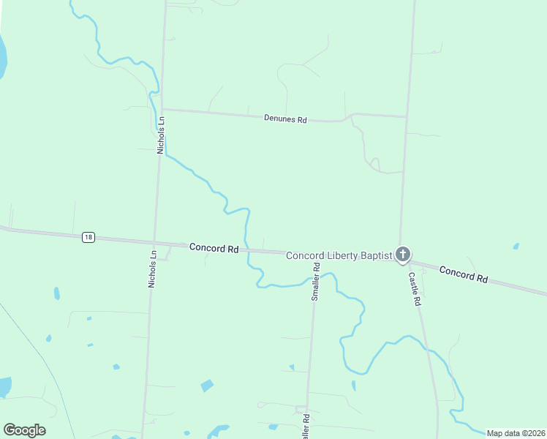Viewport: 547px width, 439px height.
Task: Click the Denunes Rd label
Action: click(285, 119)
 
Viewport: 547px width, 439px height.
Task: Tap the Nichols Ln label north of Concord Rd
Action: click(162, 135)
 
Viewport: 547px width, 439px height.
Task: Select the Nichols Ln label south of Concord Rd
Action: click(153, 269)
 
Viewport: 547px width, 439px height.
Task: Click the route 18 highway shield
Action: click(88, 237)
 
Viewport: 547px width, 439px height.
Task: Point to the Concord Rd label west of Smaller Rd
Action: click(214, 248)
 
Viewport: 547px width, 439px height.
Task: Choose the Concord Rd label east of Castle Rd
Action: click(464, 275)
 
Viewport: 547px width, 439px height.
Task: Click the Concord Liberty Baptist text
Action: click(338, 255)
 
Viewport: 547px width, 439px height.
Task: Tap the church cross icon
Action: click(402, 255)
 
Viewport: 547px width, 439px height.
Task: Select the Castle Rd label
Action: click(415, 289)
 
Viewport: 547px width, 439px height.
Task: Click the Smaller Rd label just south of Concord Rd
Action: click(316, 282)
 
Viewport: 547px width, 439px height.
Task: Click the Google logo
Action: click(24, 430)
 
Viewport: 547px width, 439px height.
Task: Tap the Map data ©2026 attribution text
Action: click(516, 433)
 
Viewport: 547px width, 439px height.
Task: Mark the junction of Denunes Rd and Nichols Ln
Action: click(163, 110)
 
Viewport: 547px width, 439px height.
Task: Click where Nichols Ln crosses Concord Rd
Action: click(154, 243)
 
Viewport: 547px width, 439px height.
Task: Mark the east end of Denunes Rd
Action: click(407, 117)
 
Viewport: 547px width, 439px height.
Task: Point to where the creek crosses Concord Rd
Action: click(246, 249)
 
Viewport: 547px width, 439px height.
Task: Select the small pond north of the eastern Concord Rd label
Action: click(516, 246)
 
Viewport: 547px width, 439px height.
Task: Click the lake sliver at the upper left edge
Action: click(2, 59)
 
